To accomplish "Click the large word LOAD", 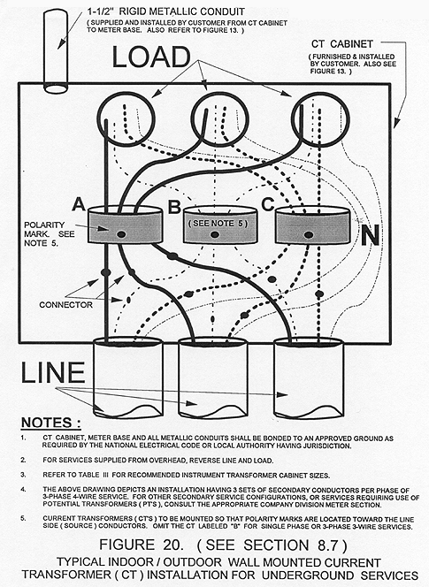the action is [151, 57].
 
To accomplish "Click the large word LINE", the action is [53, 372].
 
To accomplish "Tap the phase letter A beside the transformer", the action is [79, 204].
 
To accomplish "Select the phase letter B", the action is [174, 206].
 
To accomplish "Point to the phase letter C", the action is [268, 204].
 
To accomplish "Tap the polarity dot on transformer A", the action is [121, 234].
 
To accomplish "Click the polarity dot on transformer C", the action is [309, 235].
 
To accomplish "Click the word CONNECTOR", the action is [66, 305].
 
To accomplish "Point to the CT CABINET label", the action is [342, 44].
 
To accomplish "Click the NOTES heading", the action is [50, 423].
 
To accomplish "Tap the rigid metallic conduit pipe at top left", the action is [56, 51].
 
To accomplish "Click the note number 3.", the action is [23, 475].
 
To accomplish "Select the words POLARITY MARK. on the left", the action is [49, 230].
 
